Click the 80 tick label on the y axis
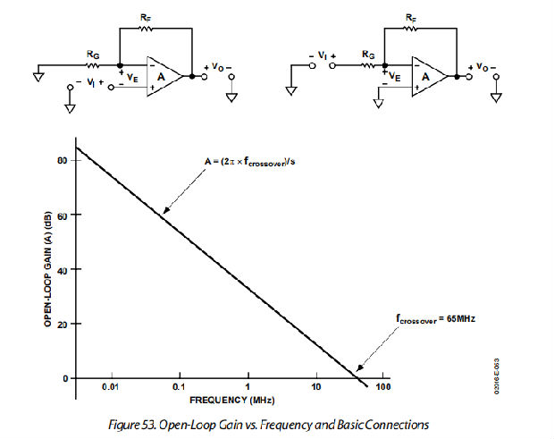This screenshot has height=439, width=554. [x=62, y=160]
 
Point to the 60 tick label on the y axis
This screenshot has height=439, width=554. [x=62, y=215]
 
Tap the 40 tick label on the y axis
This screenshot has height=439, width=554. [x=62, y=269]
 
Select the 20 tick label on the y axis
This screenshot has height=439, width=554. [x=62, y=324]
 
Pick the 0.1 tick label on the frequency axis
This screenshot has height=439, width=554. [x=180, y=387]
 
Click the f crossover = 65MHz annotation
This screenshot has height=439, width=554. [x=433, y=317]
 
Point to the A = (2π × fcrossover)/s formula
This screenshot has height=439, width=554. [x=251, y=163]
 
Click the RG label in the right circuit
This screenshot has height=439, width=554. [x=367, y=55]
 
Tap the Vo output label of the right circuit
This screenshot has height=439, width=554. [x=483, y=67]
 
